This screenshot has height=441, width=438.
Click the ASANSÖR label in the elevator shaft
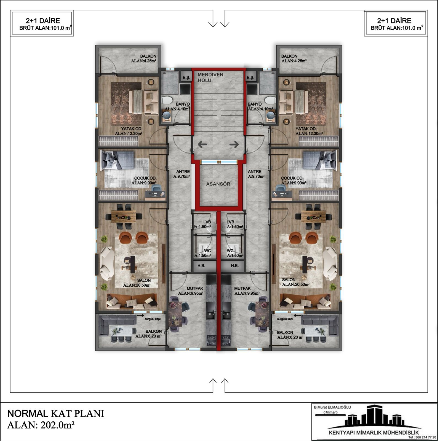pyautogui.click(x=218, y=184)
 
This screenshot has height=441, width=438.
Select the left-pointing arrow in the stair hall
pyautogui.click(x=202, y=144)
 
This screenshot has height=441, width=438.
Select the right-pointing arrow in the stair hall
pyautogui.click(x=234, y=144)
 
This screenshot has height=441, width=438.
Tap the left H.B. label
pyautogui.click(x=201, y=266)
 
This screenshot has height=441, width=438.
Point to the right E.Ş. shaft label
pyautogui.click(x=250, y=78)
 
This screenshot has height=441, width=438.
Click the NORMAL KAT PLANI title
pyautogui.click(x=56, y=414)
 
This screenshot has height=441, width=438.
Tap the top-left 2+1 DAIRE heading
pyautogui.click(x=43, y=21)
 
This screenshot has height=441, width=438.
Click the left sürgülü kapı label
pyautogui.click(x=153, y=319)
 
